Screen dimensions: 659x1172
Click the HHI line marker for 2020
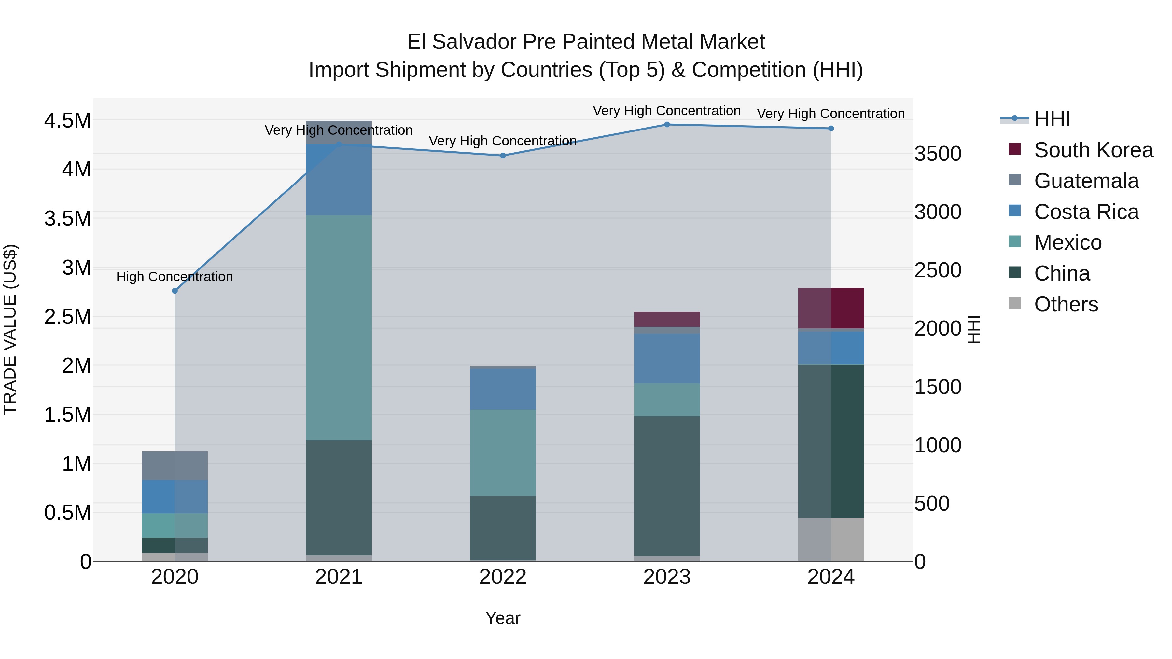click(175, 291)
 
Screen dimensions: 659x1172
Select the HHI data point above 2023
click(667, 124)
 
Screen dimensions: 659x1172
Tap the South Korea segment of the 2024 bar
click(831, 308)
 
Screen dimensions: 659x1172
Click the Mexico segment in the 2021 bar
click(339, 327)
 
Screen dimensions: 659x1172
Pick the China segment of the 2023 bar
click(667, 486)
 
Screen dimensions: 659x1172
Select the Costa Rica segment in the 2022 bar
click(503, 389)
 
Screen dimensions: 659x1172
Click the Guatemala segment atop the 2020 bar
click(175, 466)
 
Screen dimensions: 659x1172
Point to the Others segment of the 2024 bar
click(831, 539)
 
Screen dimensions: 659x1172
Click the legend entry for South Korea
click(1093, 150)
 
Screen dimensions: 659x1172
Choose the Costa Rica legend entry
click(1086, 212)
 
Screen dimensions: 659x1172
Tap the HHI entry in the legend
click(1052, 119)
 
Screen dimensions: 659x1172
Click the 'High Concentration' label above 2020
click(175, 277)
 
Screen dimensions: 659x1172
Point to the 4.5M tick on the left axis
click(68, 120)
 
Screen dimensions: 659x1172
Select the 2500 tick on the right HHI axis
click(938, 270)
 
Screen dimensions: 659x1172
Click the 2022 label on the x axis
click(503, 577)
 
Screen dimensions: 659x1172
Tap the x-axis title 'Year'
click(503, 618)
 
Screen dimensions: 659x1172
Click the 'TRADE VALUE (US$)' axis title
click(10, 329)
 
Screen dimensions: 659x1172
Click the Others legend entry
click(1066, 304)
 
